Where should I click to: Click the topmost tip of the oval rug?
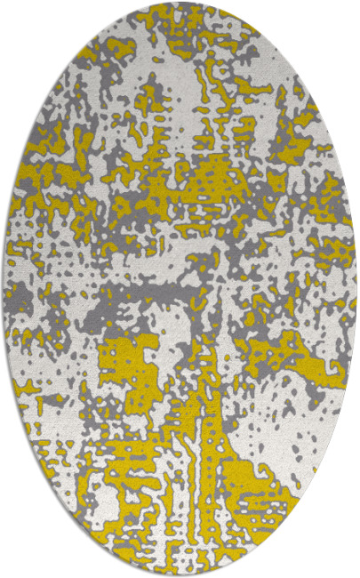[x=180, y=3]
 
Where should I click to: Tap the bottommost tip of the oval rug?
[x=180, y=575]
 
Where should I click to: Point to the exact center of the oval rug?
[x=180, y=289]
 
